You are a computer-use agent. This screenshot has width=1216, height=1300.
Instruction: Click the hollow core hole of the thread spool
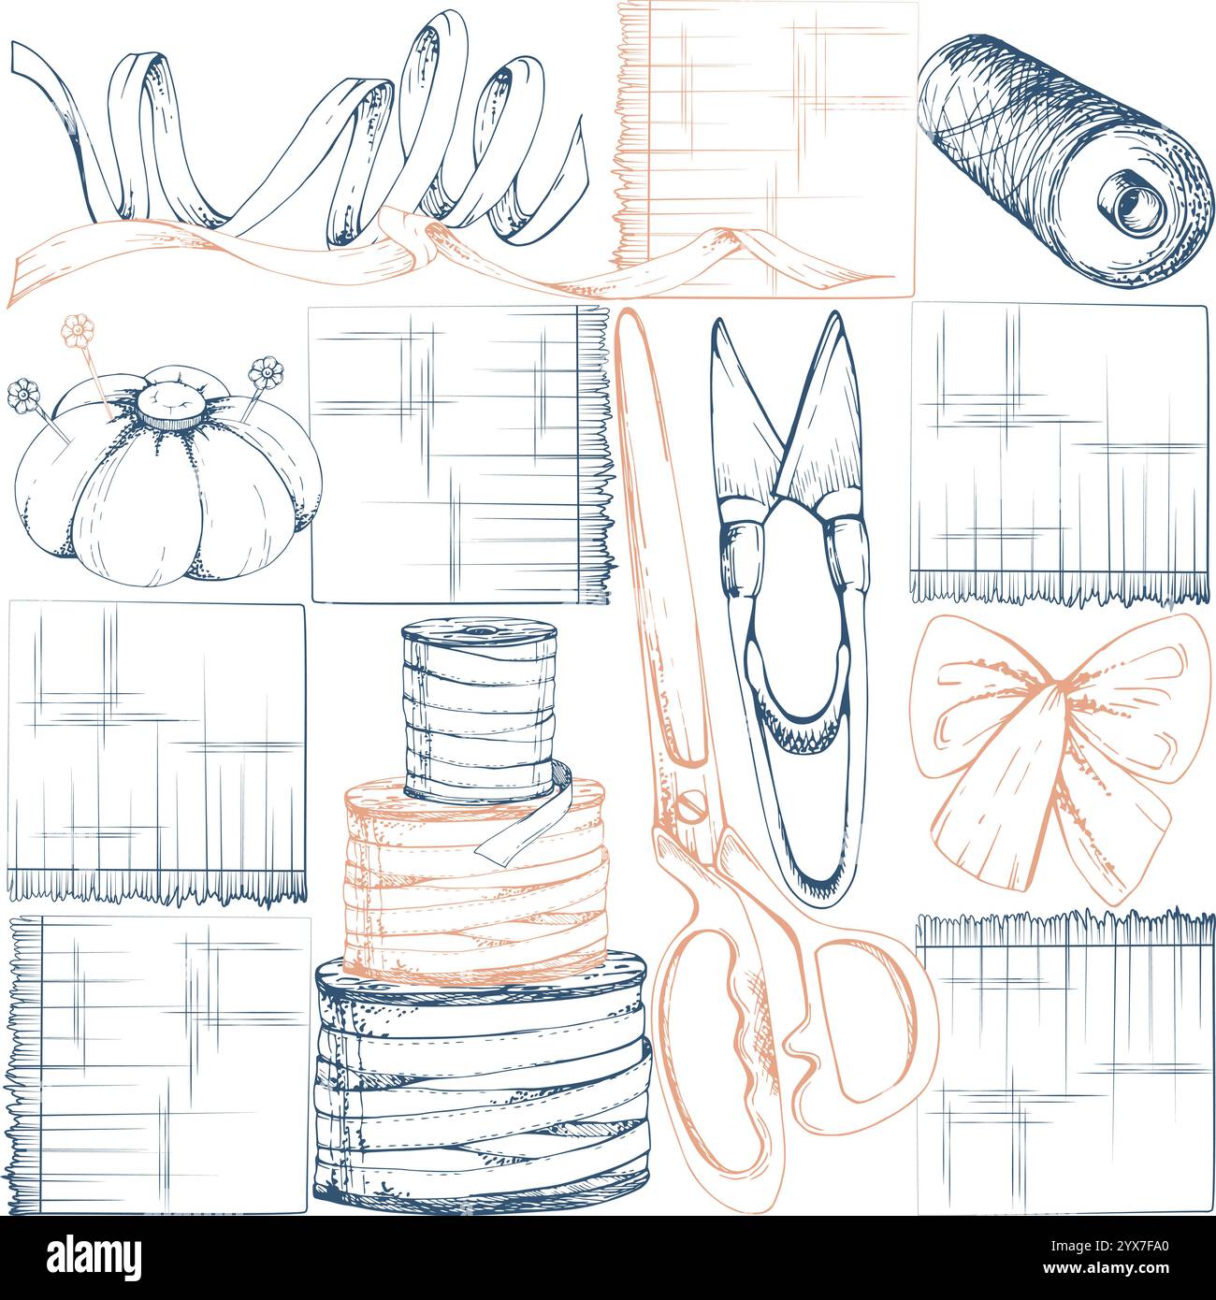pyautogui.click(x=1133, y=200)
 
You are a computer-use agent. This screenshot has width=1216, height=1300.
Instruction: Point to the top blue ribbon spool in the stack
pyautogui.click(x=480, y=711)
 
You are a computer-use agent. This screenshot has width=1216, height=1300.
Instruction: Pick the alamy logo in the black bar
pyautogui.click(x=94, y=1256)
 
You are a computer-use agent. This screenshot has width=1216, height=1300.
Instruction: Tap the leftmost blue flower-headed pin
pyautogui.click(x=20, y=397)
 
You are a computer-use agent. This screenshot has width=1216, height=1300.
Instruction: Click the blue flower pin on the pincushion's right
pyautogui.click(x=266, y=373)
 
